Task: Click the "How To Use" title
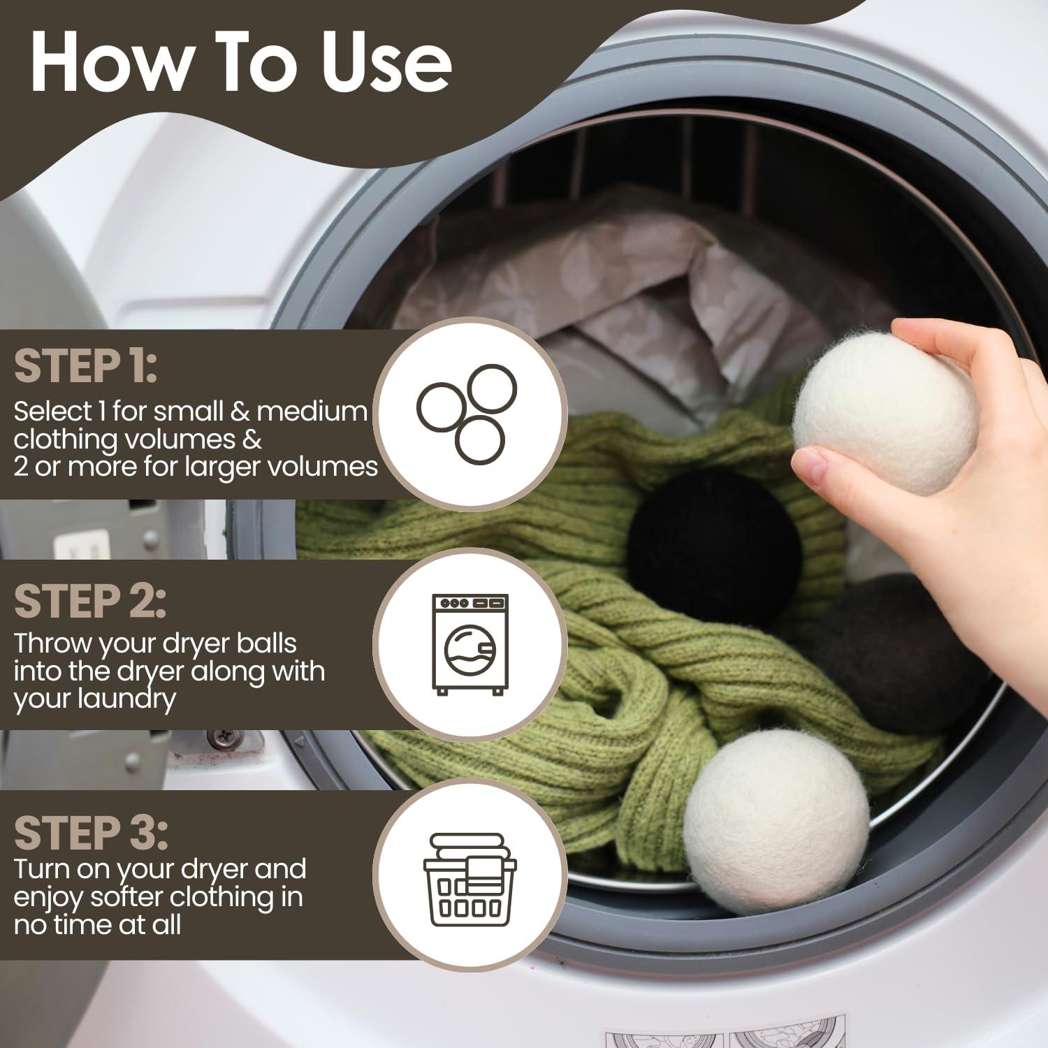pos(241,63)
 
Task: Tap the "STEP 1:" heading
pos(85,367)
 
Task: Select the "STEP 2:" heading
pos(89,602)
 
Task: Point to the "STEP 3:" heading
pos(91,833)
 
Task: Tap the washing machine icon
pos(470,644)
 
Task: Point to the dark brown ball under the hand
pos(901,650)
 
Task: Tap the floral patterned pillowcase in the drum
pos(594,293)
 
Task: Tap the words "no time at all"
pos(98,925)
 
